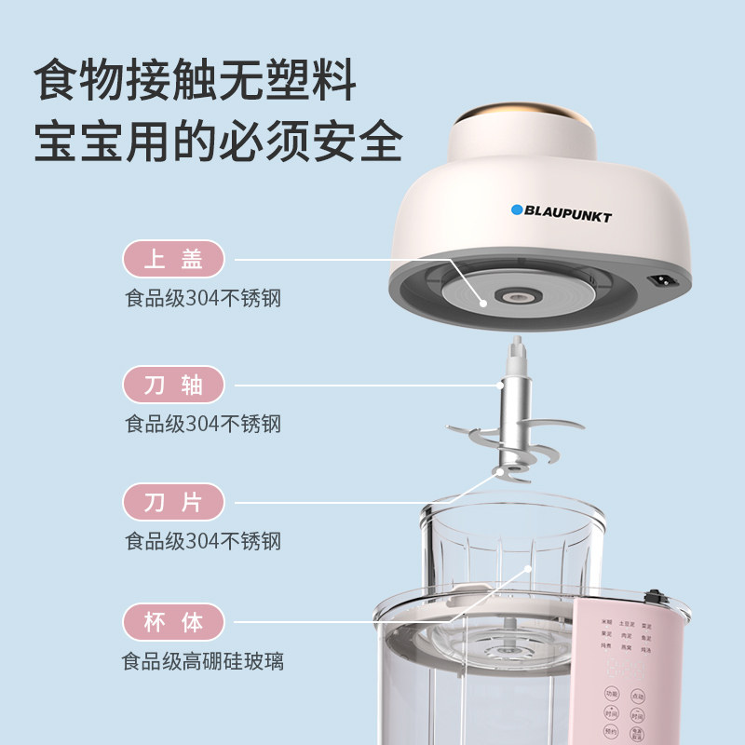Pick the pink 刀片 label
click(175, 503)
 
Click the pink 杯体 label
click(175, 622)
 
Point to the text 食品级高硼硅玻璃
click(203, 662)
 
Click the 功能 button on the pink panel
click(611, 694)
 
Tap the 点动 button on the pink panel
click(638, 694)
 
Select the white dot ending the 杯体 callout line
click(527, 566)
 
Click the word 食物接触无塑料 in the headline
click(196, 81)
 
